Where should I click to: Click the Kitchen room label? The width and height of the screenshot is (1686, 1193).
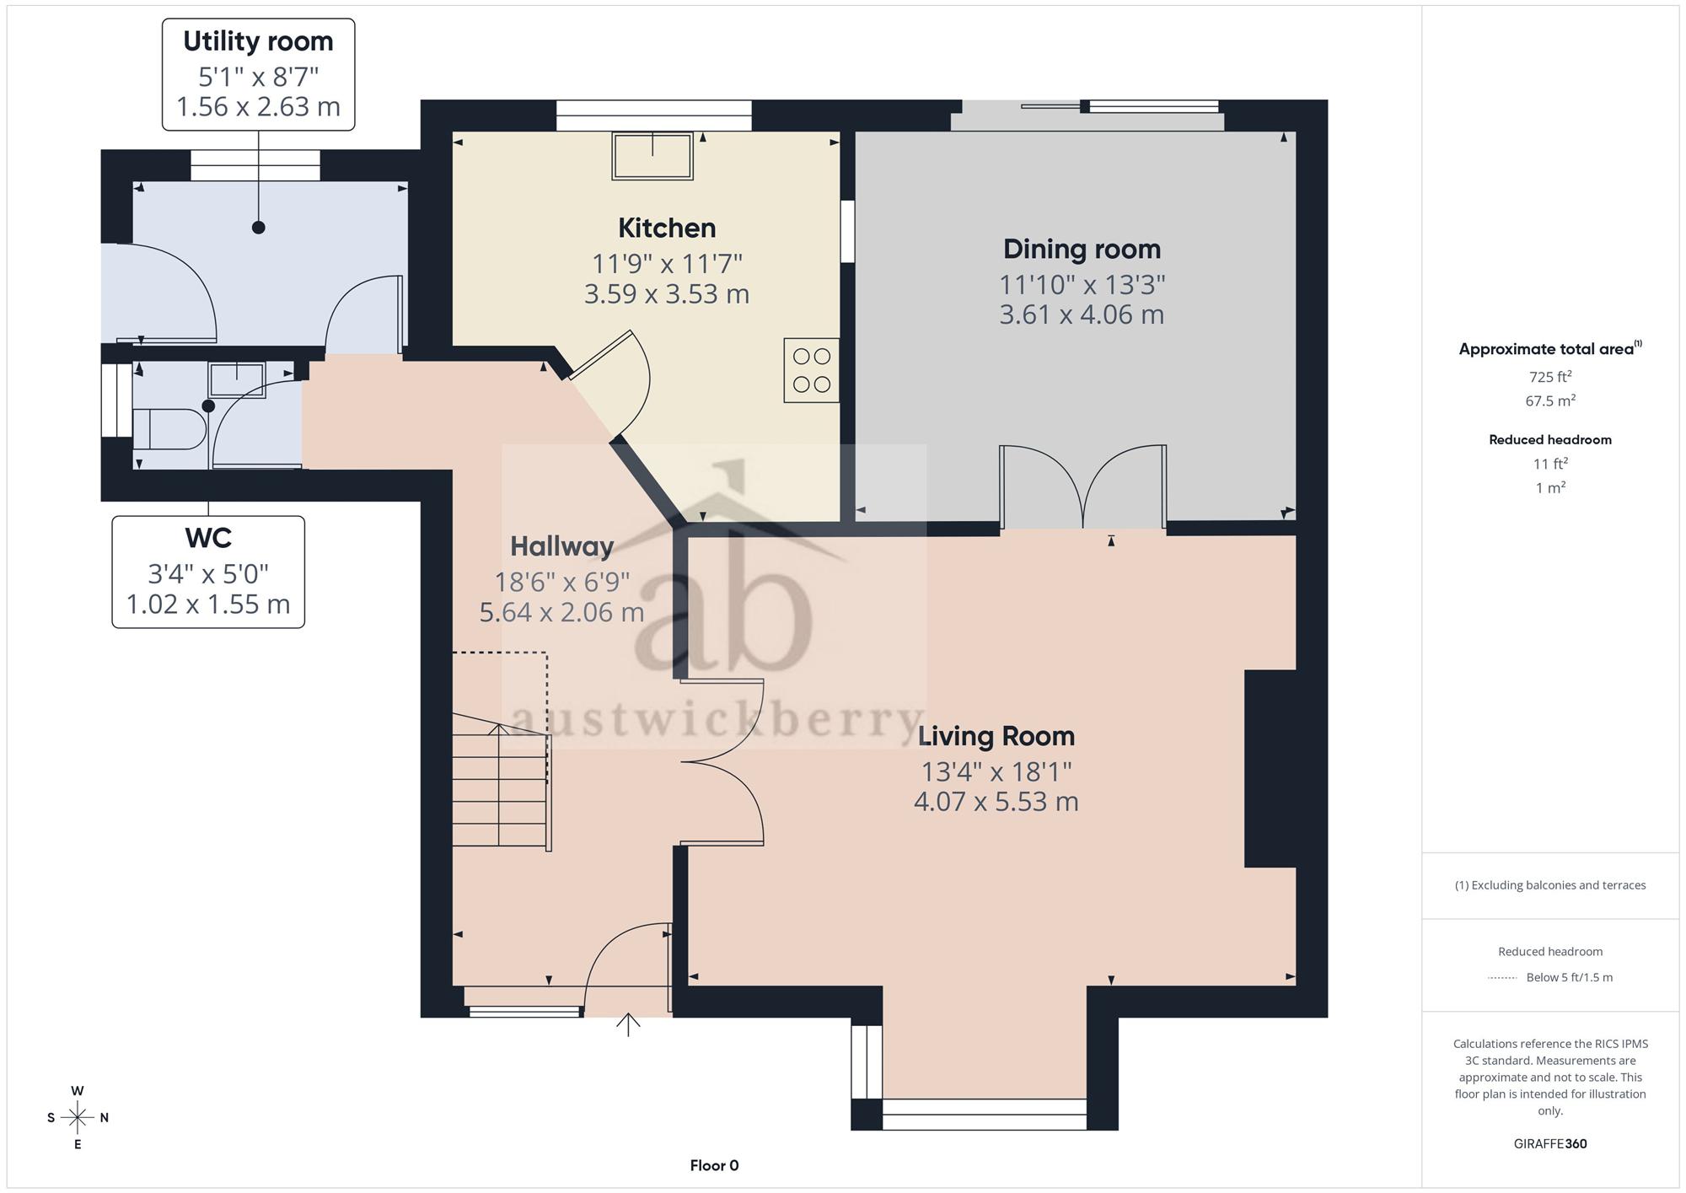(x=667, y=228)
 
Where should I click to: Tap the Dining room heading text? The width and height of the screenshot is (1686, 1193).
(x=1082, y=249)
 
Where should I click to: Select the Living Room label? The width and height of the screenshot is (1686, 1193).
(x=996, y=736)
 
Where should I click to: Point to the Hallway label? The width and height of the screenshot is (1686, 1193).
(x=561, y=546)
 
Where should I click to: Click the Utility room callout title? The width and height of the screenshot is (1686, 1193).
(x=258, y=41)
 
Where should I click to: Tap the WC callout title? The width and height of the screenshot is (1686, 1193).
(x=208, y=537)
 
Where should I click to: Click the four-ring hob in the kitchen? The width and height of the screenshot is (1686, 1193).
(x=811, y=370)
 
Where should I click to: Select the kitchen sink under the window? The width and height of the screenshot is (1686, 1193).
(x=652, y=156)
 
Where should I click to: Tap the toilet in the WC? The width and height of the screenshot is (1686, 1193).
(x=169, y=429)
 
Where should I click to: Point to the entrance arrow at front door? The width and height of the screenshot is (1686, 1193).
(x=628, y=1024)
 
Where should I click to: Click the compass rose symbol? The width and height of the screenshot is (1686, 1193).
(x=78, y=1118)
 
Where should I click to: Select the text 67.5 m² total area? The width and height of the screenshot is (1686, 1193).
(x=1550, y=400)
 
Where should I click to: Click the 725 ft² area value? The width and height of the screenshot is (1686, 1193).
(x=1550, y=377)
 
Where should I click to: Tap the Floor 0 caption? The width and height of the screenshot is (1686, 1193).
(x=714, y=1166)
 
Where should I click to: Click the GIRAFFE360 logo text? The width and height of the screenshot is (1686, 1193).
(x=1550, y=1144)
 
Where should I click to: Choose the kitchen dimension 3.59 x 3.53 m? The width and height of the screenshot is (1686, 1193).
(x=667, y=294)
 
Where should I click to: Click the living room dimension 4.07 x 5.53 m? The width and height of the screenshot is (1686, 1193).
(x=996, y=802)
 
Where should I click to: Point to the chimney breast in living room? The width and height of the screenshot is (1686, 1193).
(x=1270, y=769)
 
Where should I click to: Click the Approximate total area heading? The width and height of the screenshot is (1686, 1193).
(x=1550, y=349)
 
